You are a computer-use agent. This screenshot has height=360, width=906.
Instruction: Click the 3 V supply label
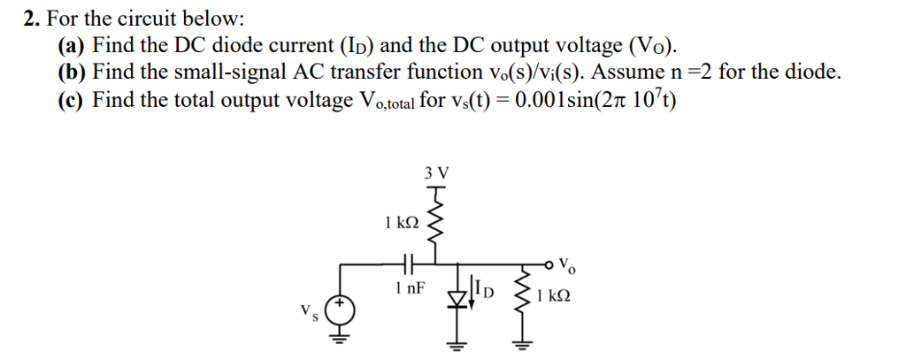click(436, 173)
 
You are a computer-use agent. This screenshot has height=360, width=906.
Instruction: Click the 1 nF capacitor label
click(410, 287)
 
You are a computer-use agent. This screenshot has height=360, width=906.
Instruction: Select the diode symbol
click(457, 291)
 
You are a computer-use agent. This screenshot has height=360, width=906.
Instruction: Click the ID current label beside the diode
click(484, 287)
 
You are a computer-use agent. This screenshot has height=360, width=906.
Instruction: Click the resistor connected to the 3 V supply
click(435, 225)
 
